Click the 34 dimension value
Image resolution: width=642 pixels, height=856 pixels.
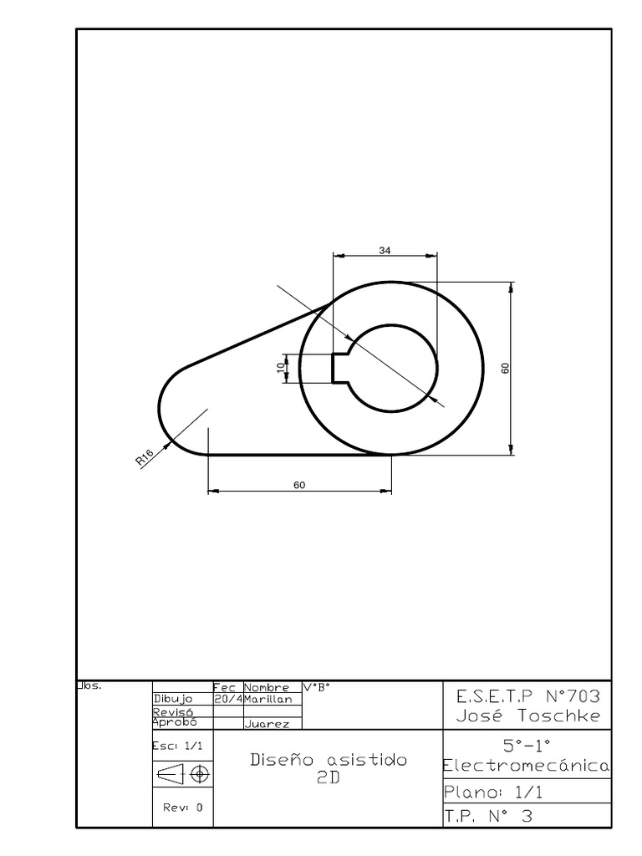(x=385, y=249)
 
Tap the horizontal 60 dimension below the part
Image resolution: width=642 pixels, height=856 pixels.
(x=299, y=485)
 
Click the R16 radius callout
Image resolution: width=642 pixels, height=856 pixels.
(x=144, y=456)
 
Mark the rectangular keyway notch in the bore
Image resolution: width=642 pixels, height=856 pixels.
(x=339, y=368)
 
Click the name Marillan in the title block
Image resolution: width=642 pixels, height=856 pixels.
(x=267, y=699)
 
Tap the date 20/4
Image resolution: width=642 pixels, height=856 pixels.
(x=227, y=699)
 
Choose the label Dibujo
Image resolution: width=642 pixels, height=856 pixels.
(x=173, y=699)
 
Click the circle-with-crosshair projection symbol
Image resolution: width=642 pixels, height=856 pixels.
(x=199, y=775)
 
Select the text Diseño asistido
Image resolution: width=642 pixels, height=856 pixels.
(x=329, y=760)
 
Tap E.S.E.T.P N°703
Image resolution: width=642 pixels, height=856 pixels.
(x=527, y=695)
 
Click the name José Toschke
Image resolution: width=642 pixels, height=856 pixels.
(x=527, y=716)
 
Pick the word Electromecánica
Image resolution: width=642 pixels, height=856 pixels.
(x=527, y=766)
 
